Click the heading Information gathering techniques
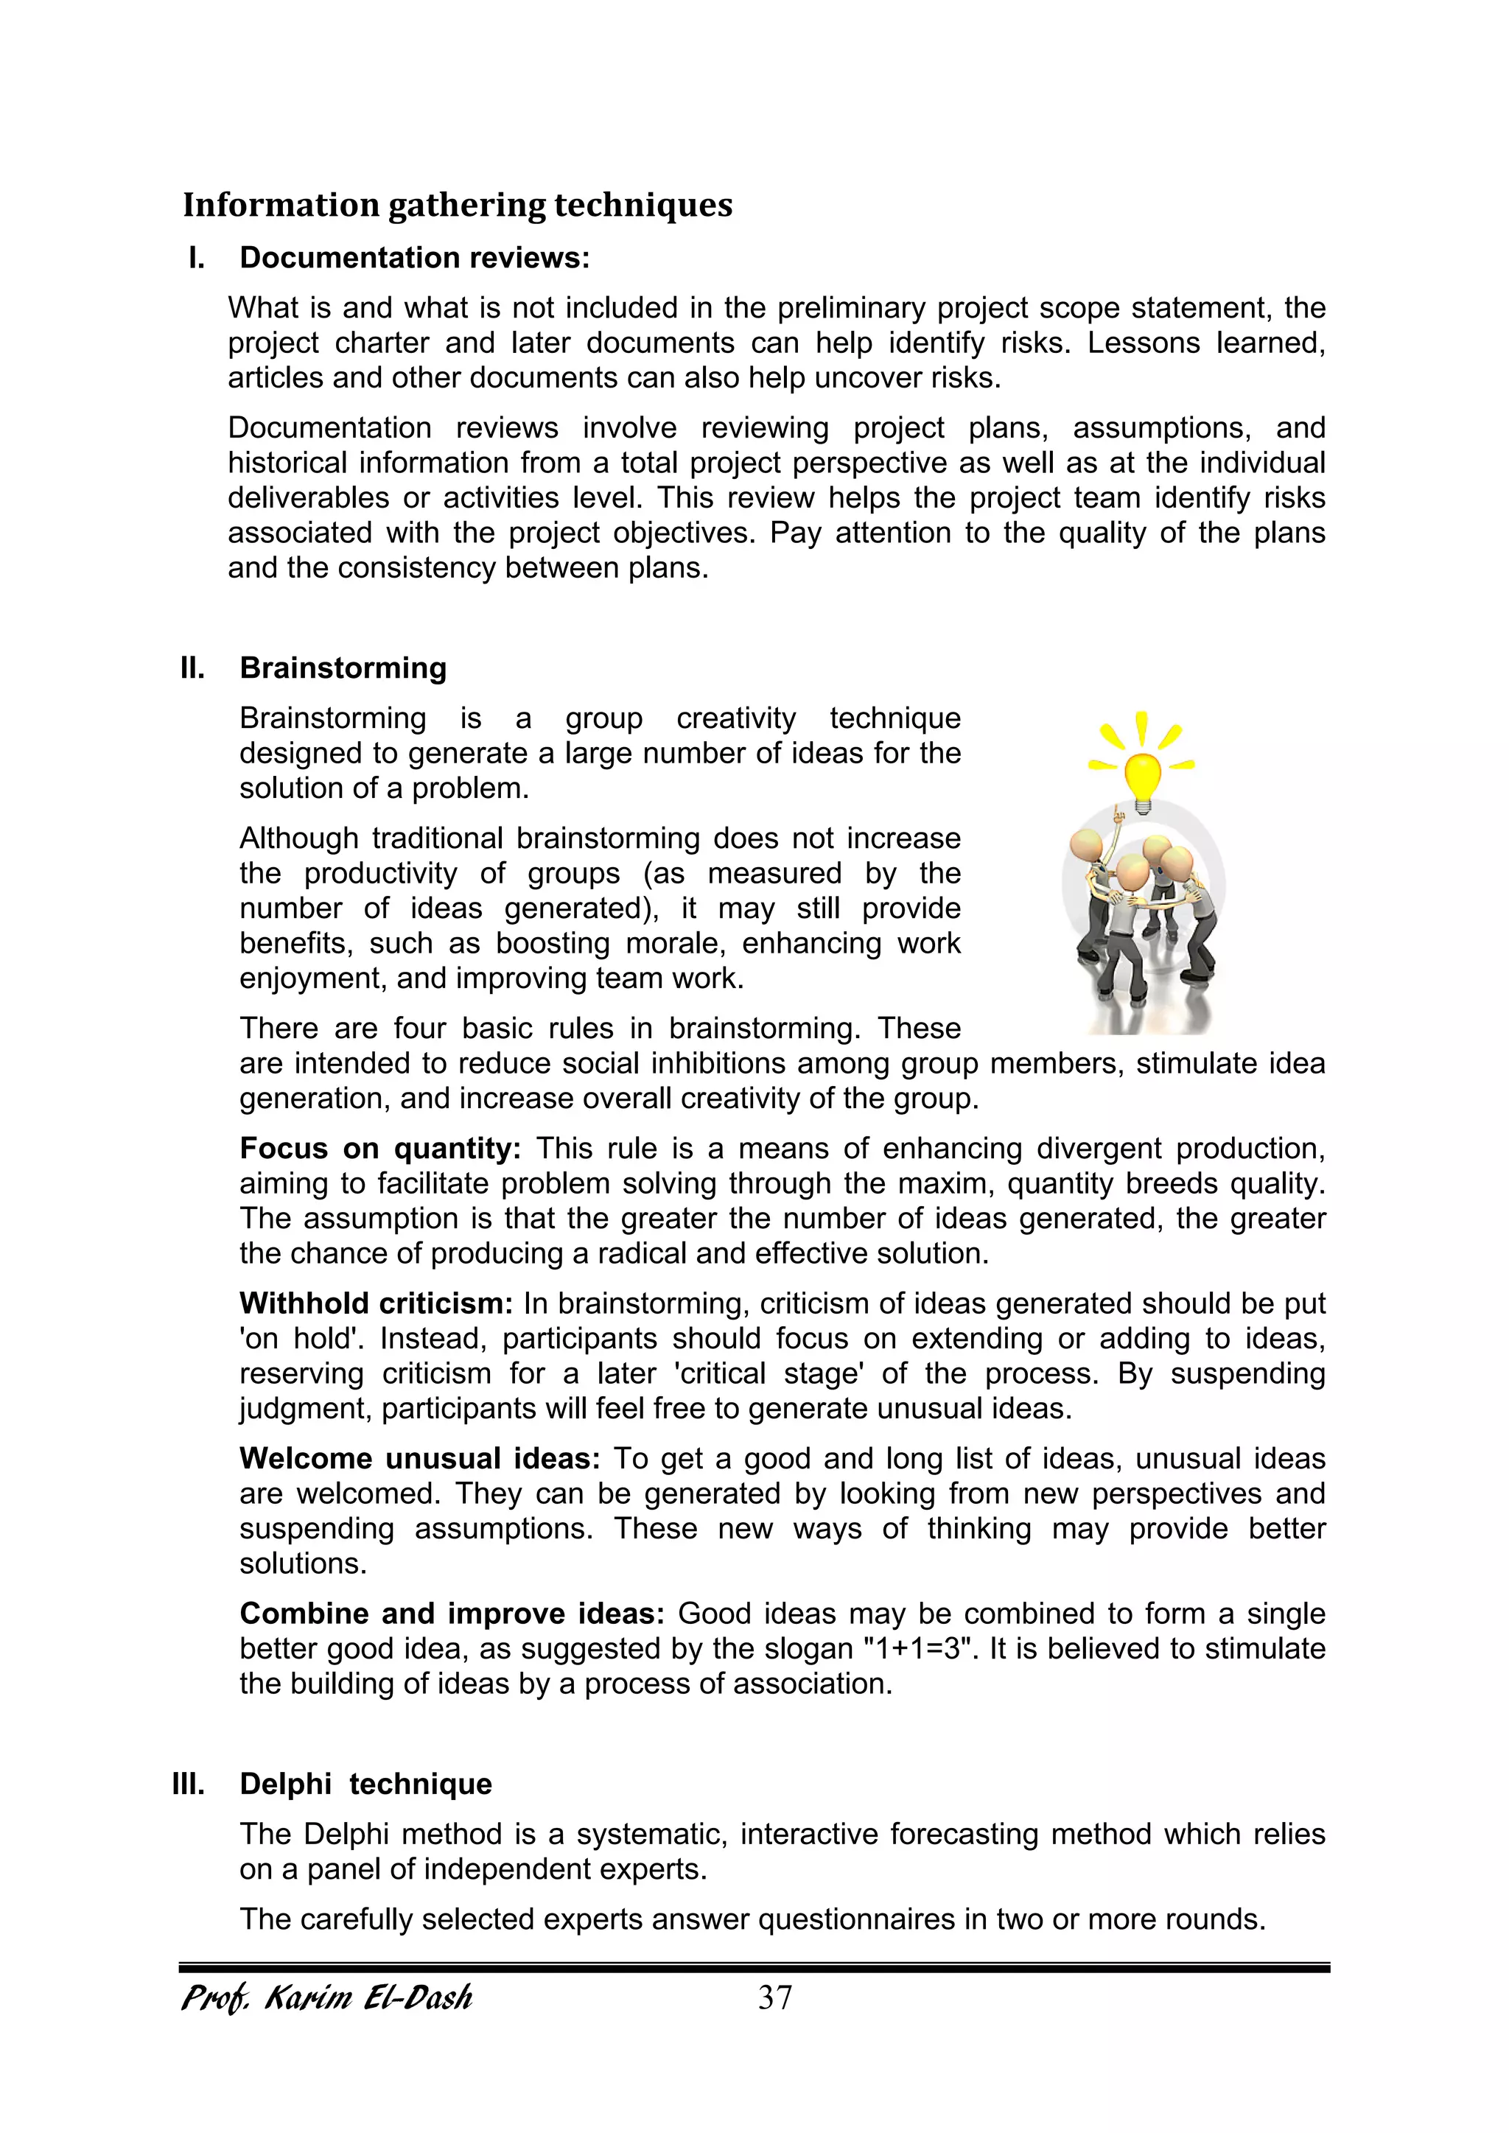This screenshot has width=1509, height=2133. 457,206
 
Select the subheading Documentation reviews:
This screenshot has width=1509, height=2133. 414,257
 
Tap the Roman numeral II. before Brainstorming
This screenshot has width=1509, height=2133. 192,668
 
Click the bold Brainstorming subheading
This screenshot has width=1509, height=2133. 343,668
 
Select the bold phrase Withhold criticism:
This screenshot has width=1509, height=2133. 375,1303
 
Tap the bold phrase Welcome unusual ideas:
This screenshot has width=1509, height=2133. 420,1459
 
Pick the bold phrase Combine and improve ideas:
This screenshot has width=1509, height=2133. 452,1614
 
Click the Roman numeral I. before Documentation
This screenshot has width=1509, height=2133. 196,257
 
